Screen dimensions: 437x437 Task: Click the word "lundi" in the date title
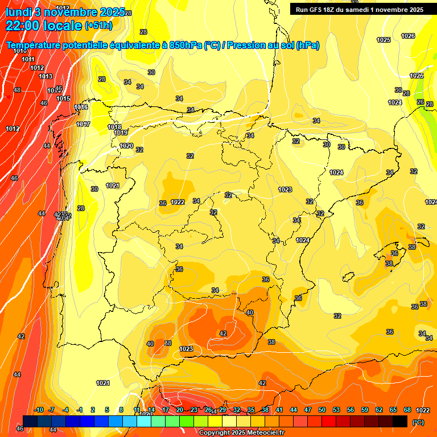[x=18, y=12]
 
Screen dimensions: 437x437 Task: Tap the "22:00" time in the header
[x=23, y=26]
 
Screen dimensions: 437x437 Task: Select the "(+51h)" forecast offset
[x=98, y=26]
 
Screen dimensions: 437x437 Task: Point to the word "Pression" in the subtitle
[x=245, y=46]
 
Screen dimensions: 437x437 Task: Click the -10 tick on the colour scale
[x=39, y=410]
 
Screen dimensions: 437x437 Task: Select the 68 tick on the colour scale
[x=407, y=410]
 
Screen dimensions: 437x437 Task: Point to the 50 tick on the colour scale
[x=322, y=410]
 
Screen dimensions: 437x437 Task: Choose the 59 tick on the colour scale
[x=365, y=410]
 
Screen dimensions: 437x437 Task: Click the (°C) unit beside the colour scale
[x=418, y=422]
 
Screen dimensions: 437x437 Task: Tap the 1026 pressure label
[x=408, y=36]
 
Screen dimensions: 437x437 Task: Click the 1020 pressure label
[x=126, y=146]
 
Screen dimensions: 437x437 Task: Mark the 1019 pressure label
[x=121, y=133]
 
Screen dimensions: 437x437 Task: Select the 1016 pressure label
[x=81, y=107]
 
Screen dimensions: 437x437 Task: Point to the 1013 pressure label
[x=46, y=76]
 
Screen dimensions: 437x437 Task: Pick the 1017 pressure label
[x=83, y=124]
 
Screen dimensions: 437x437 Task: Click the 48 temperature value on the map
[x=17, y=90]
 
